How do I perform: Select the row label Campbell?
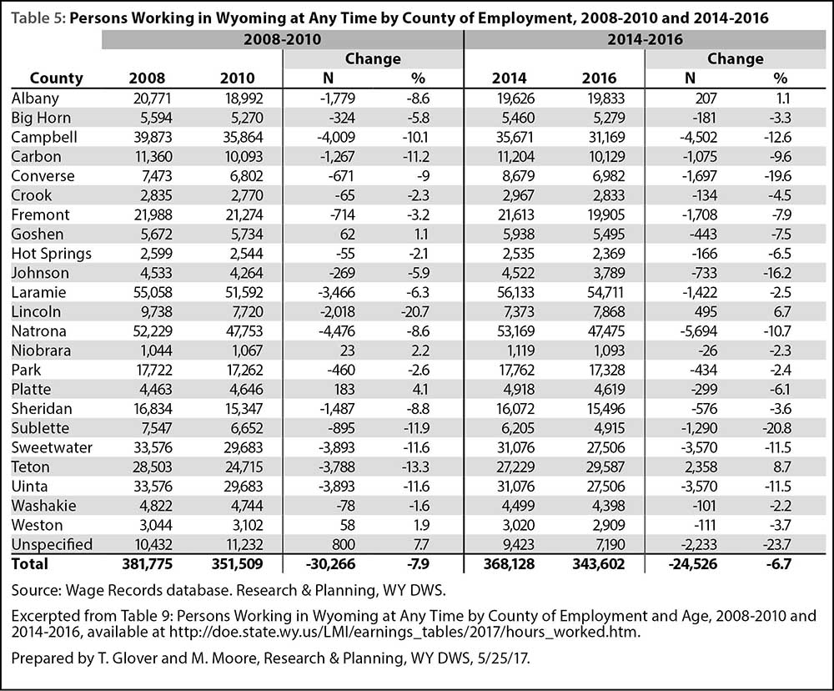pyautogui.click(x=44, y=138)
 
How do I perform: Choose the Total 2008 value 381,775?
pyautogui.click(x=147, y=564)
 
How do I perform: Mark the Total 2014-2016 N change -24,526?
pyautogui.click(x=692, y=564)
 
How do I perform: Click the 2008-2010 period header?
pyautogui.click(x=283, y=39)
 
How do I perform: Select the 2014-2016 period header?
pyautogui.click(x=646, y=39)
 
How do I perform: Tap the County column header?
pyautogui.click(x=57, y=78)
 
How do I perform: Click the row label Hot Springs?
pyautogui.click(x=51, y=254)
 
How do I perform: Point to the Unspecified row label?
pyautogui.click(x=52, y=545)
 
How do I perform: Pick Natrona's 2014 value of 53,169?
pyautogui.click(x=514, y=331)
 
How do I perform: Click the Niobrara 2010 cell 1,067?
pyautogui.click(x=246, y=351)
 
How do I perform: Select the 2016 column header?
pyautogui.click(x=599, y=78)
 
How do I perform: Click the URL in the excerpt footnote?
pyautogui.click(x=404, y=632)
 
